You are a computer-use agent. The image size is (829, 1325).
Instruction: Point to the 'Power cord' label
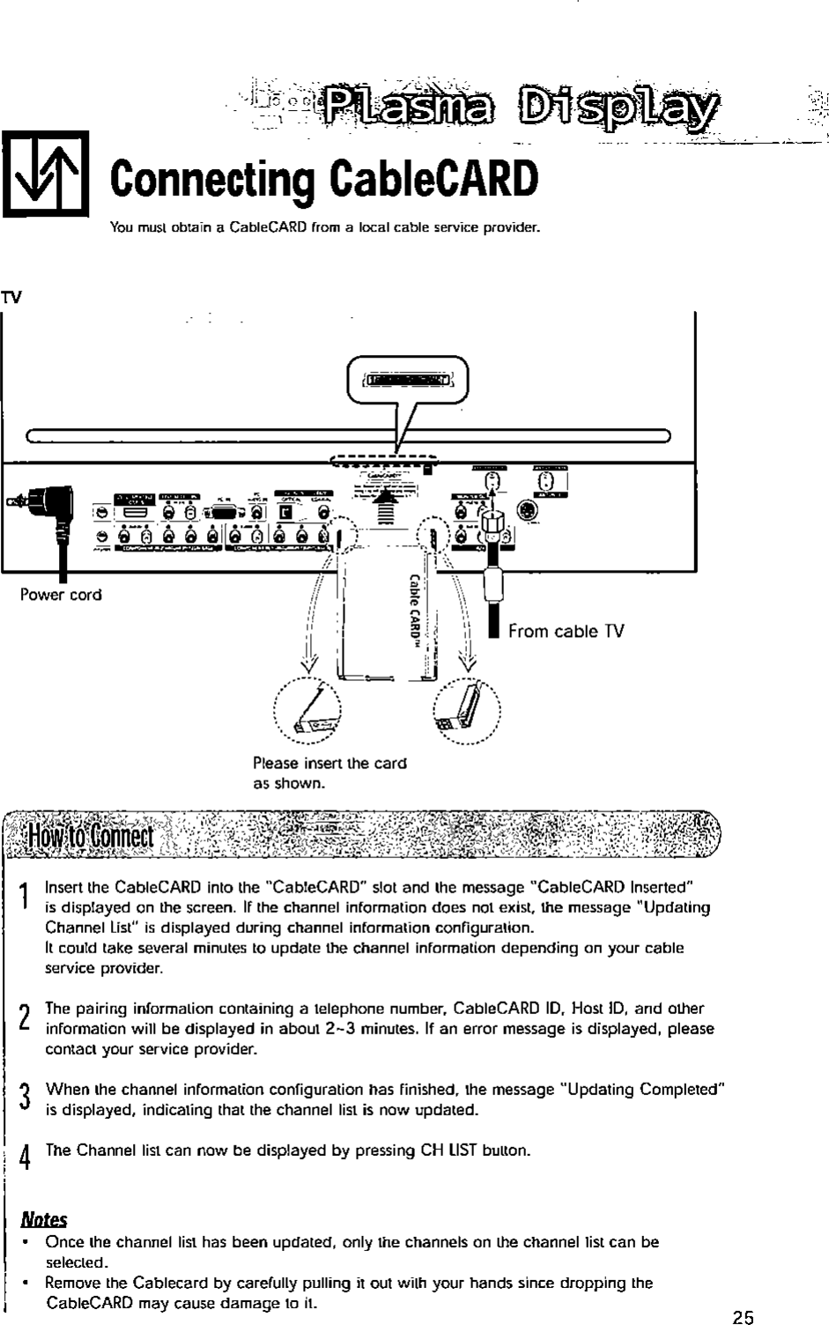tap(61, 595)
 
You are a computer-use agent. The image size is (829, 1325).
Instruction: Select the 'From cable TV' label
tap(566, 631)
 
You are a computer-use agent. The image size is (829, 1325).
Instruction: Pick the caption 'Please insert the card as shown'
tap(329, 773)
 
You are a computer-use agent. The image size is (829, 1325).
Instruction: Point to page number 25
tap(743, 1317)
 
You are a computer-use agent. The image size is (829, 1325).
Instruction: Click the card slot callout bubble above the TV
tap(408, 380)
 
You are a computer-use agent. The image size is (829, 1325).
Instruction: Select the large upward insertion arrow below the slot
tap(384, 507)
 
